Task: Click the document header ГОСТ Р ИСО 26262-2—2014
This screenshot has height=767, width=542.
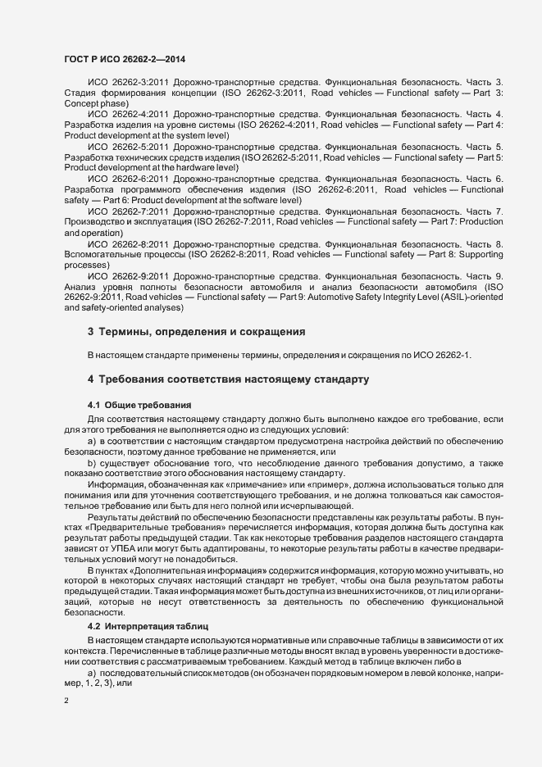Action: click(119, 60)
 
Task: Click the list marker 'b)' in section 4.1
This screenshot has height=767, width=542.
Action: click(92, 464)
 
